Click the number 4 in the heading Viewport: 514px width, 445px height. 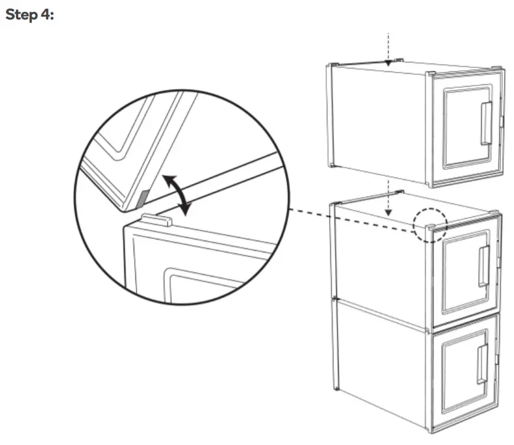pos(45,15)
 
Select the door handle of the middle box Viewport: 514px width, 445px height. pos(484,266)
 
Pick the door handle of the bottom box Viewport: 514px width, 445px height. pos(482,364)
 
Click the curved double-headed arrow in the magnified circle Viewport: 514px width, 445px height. pos(176,194)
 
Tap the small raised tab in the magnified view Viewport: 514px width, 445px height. pos(157,220)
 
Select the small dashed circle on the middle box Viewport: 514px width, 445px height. pos(430,223)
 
